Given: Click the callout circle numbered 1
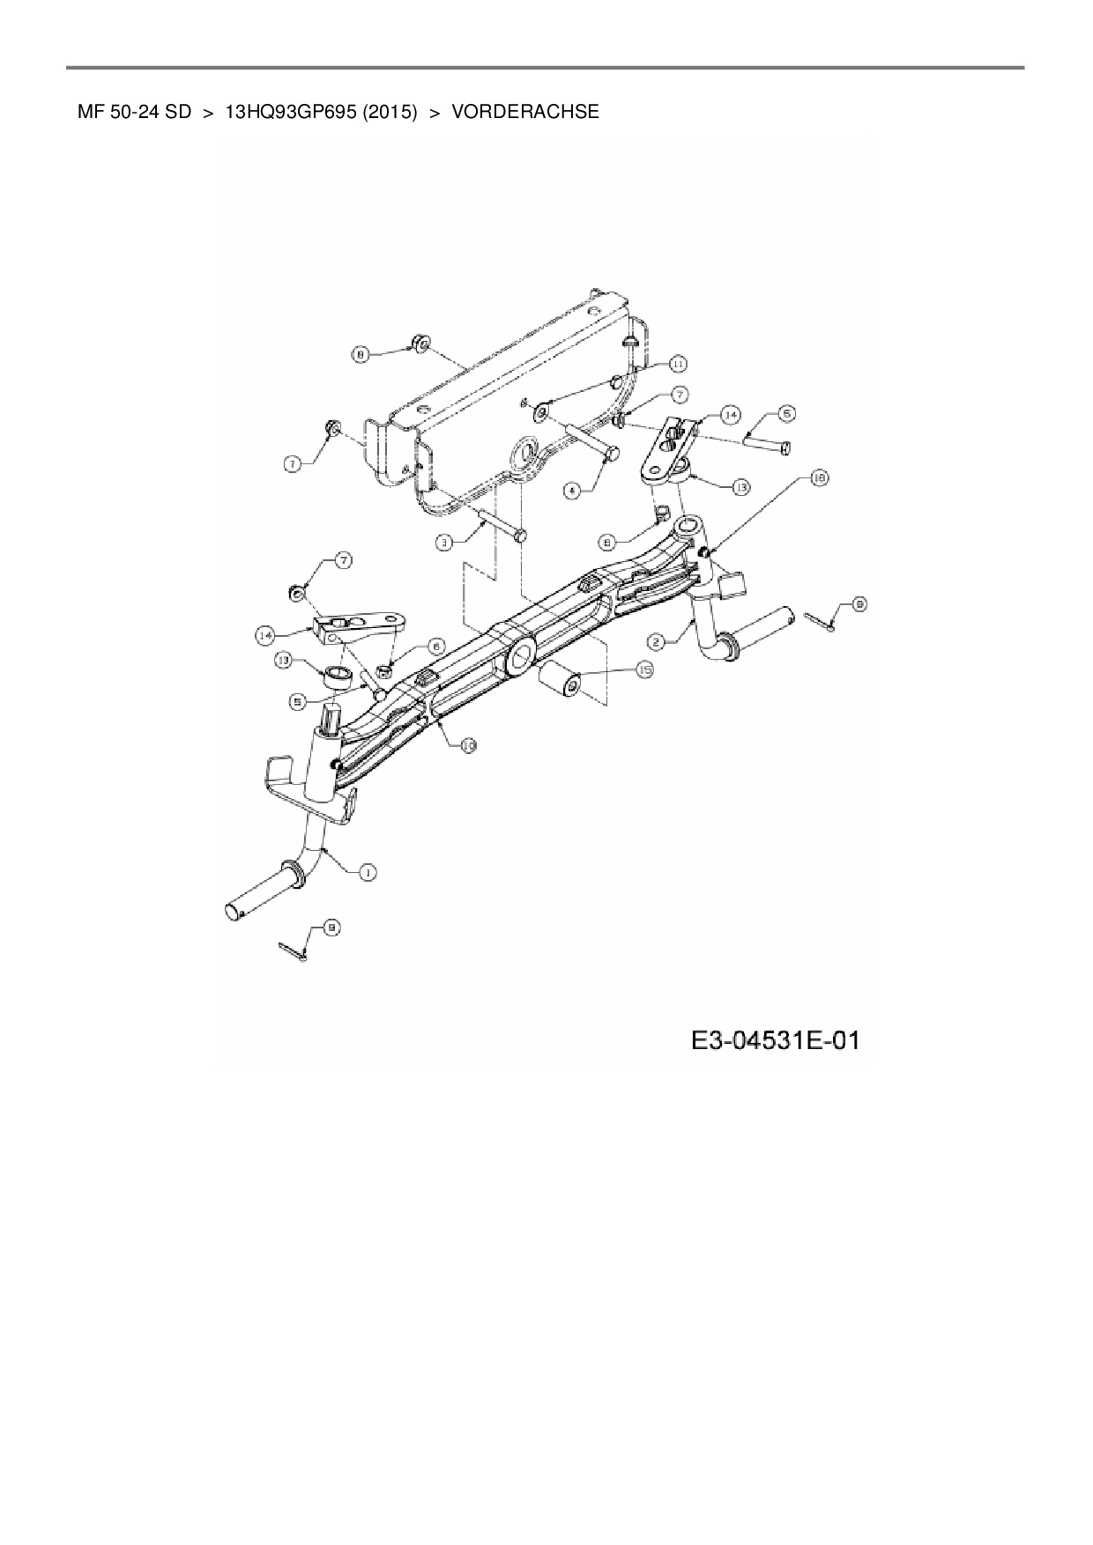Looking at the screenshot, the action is [x=366, y=871].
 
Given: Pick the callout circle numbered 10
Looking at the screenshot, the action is [x=468, y=745].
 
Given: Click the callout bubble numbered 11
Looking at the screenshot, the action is [x=677, y=363].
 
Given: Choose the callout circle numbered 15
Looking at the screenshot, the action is [x=644, y=670].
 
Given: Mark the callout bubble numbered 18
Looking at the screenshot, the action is [x=819, y=478].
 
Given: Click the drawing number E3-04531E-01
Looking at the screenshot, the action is [x=775, y=1041].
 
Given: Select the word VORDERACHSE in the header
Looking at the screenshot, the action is [x=525, y=112].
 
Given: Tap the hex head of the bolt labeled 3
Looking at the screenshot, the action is [x=520, y=535].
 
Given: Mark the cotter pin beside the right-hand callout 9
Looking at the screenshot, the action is [x=818, y=621].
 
